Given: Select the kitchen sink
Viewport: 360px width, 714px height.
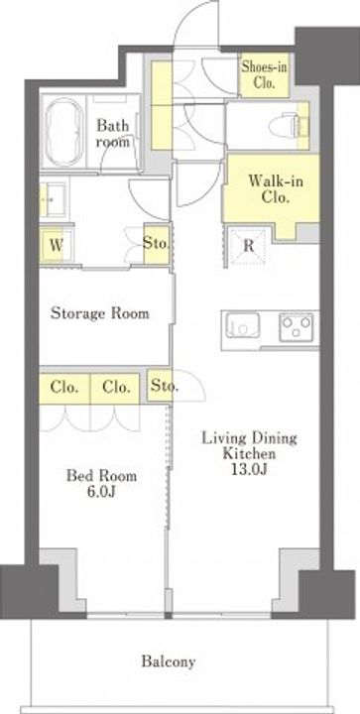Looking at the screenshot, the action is tap(243, 326).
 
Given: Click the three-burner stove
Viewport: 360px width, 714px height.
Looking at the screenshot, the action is tap(296, 327).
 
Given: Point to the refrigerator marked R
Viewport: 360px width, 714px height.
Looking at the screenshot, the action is tap(248, 246).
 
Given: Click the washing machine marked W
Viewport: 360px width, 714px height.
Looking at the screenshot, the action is tap(57, 246).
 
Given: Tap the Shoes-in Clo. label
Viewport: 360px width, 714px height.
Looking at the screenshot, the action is tap(264, 74).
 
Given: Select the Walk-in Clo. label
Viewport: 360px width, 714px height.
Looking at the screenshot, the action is tap(276, 189).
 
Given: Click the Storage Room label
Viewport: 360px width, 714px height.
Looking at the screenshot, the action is tap(100, 313).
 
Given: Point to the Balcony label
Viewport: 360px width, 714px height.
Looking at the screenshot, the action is tap(169, 661).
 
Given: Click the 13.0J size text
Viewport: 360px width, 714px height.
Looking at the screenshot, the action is tap(248, 468).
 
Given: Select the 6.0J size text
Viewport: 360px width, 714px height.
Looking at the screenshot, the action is tap(101, 491).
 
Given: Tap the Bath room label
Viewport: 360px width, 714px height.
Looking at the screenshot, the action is tap(113, 133).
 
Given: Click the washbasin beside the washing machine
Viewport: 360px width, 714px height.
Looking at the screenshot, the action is tap(55, 200).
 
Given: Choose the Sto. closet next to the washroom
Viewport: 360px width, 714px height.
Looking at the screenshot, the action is tap(156, 243).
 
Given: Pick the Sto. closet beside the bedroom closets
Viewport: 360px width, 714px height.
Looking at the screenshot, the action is tap(160, 387).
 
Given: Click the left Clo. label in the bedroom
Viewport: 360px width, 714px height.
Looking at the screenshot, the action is tap(64, 388).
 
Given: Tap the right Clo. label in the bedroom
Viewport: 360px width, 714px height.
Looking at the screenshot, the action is tap(117, 388).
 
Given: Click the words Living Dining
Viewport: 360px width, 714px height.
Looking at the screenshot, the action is tap(249, 439).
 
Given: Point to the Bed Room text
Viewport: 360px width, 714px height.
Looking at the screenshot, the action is tap(101, 476).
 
